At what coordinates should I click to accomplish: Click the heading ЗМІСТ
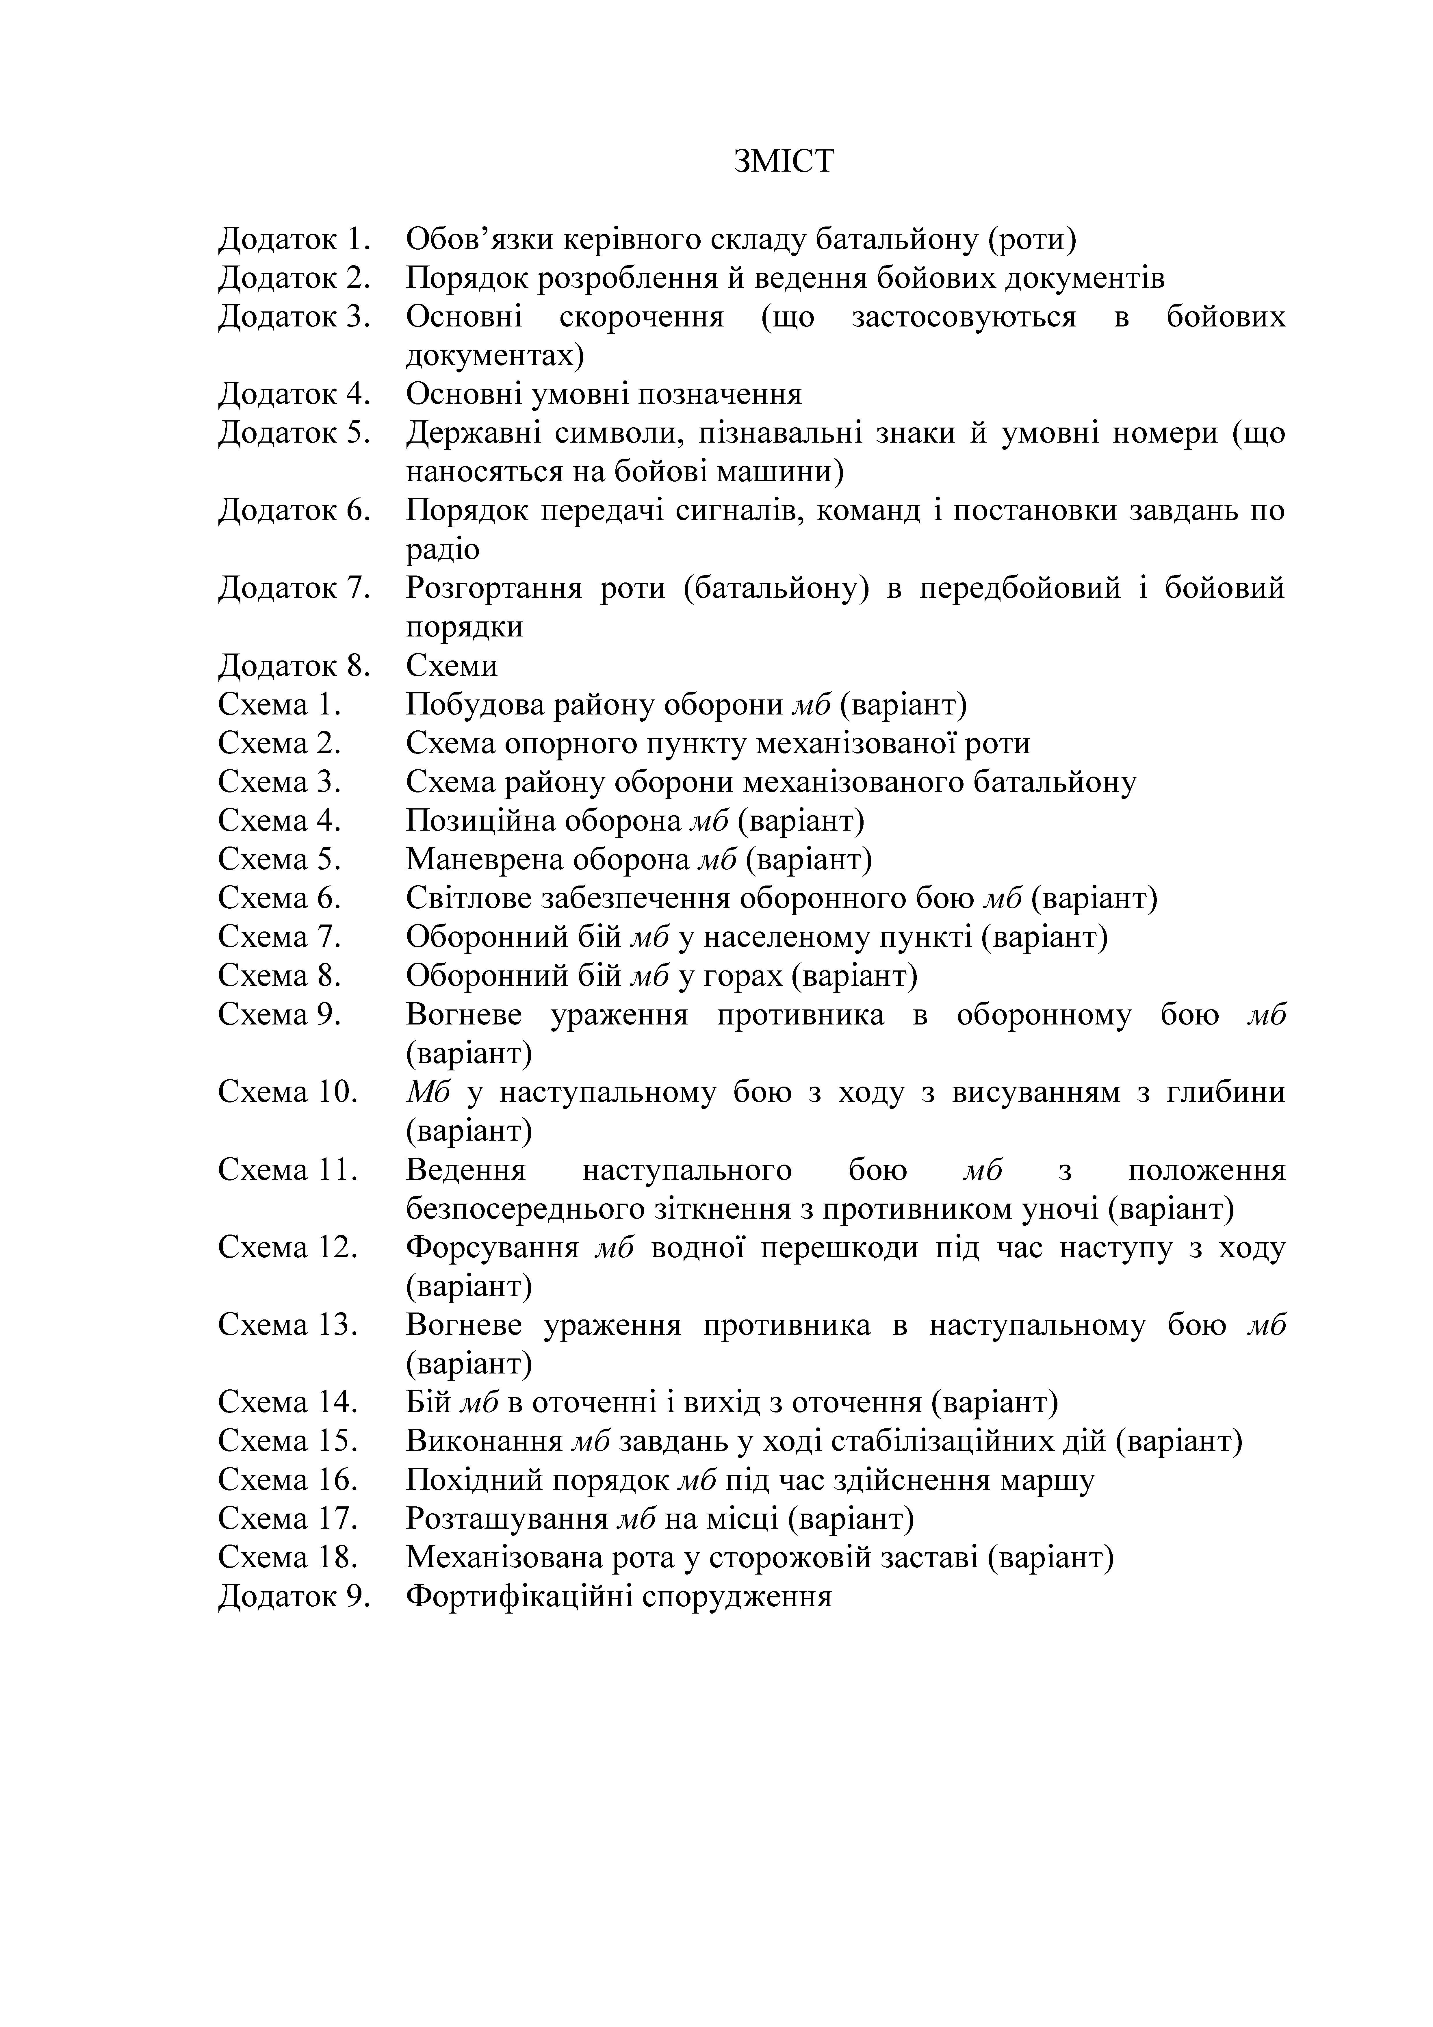click(x=783, y=162)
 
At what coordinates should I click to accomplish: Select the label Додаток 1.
click(x=293, y=239)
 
